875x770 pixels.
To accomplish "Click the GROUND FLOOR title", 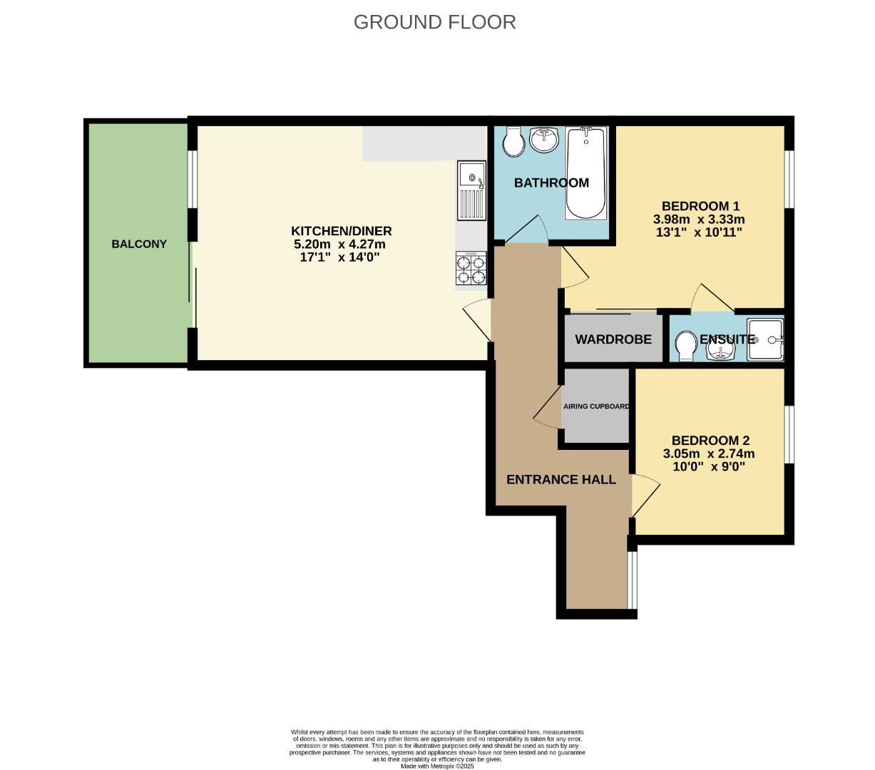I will pyautogui.click(x=434, y=22).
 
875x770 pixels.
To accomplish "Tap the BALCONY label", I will pyautogui.click(x=139, y=244).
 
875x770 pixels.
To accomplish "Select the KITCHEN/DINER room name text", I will pyautogui.click(x=341, y=231).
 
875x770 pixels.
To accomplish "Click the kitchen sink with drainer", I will pyautogui.click(x=471, y=191).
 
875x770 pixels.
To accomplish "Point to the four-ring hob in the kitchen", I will pyautogui.click(x=471, y=269).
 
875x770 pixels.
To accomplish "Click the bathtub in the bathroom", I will pyautogui.click(x=585, y=173).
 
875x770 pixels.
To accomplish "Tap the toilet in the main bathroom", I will pyautogui.click(x=513, y=141).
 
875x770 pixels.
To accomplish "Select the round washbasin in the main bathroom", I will pyautogui.click(x=546, y=139).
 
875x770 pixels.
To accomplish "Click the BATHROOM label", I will pyautogui.click(x=551, y=183).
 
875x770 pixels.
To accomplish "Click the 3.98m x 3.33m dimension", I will pyautogui.click(x=699, y=219).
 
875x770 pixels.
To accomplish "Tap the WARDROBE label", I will pyautogui.click(x=613, y=339).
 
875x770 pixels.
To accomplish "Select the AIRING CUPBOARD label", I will pyautogui.click(x=596, y=406).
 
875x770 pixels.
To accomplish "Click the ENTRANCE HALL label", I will pyautogui.click(x=561, y=480).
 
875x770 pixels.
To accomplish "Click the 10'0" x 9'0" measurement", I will pyautogui.click(x=710, y=467).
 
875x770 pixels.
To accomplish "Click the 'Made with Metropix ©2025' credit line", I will pyautogui.click(x=437, y=766).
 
